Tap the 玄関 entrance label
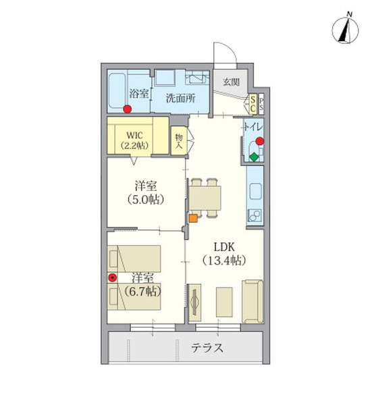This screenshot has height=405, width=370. pos(232,82)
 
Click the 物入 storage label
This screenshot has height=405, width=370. pos(179,140)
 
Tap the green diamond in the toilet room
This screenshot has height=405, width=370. pos(254,157)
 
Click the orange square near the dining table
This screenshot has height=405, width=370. pos(193,217)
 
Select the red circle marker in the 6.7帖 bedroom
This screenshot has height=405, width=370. pos(112,277)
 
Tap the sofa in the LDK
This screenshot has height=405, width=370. pos(253,300)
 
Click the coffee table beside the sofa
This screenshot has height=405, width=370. pos(223,300)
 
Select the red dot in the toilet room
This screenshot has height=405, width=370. pos(259,142)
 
